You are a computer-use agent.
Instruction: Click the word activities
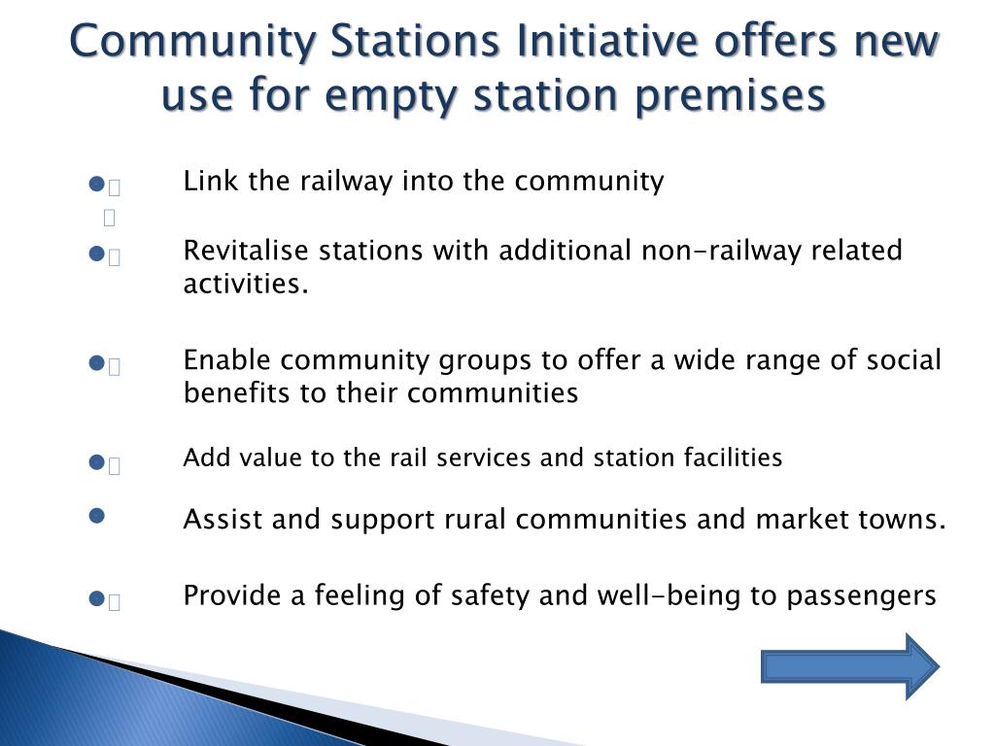click(245, 284)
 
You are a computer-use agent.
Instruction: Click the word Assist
click(223, 520)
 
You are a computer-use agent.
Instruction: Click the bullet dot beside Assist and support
click(96, 515)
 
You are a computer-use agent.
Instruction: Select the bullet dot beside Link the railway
click(96, 184)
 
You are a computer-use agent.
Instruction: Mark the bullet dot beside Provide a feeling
click(96, 600)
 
